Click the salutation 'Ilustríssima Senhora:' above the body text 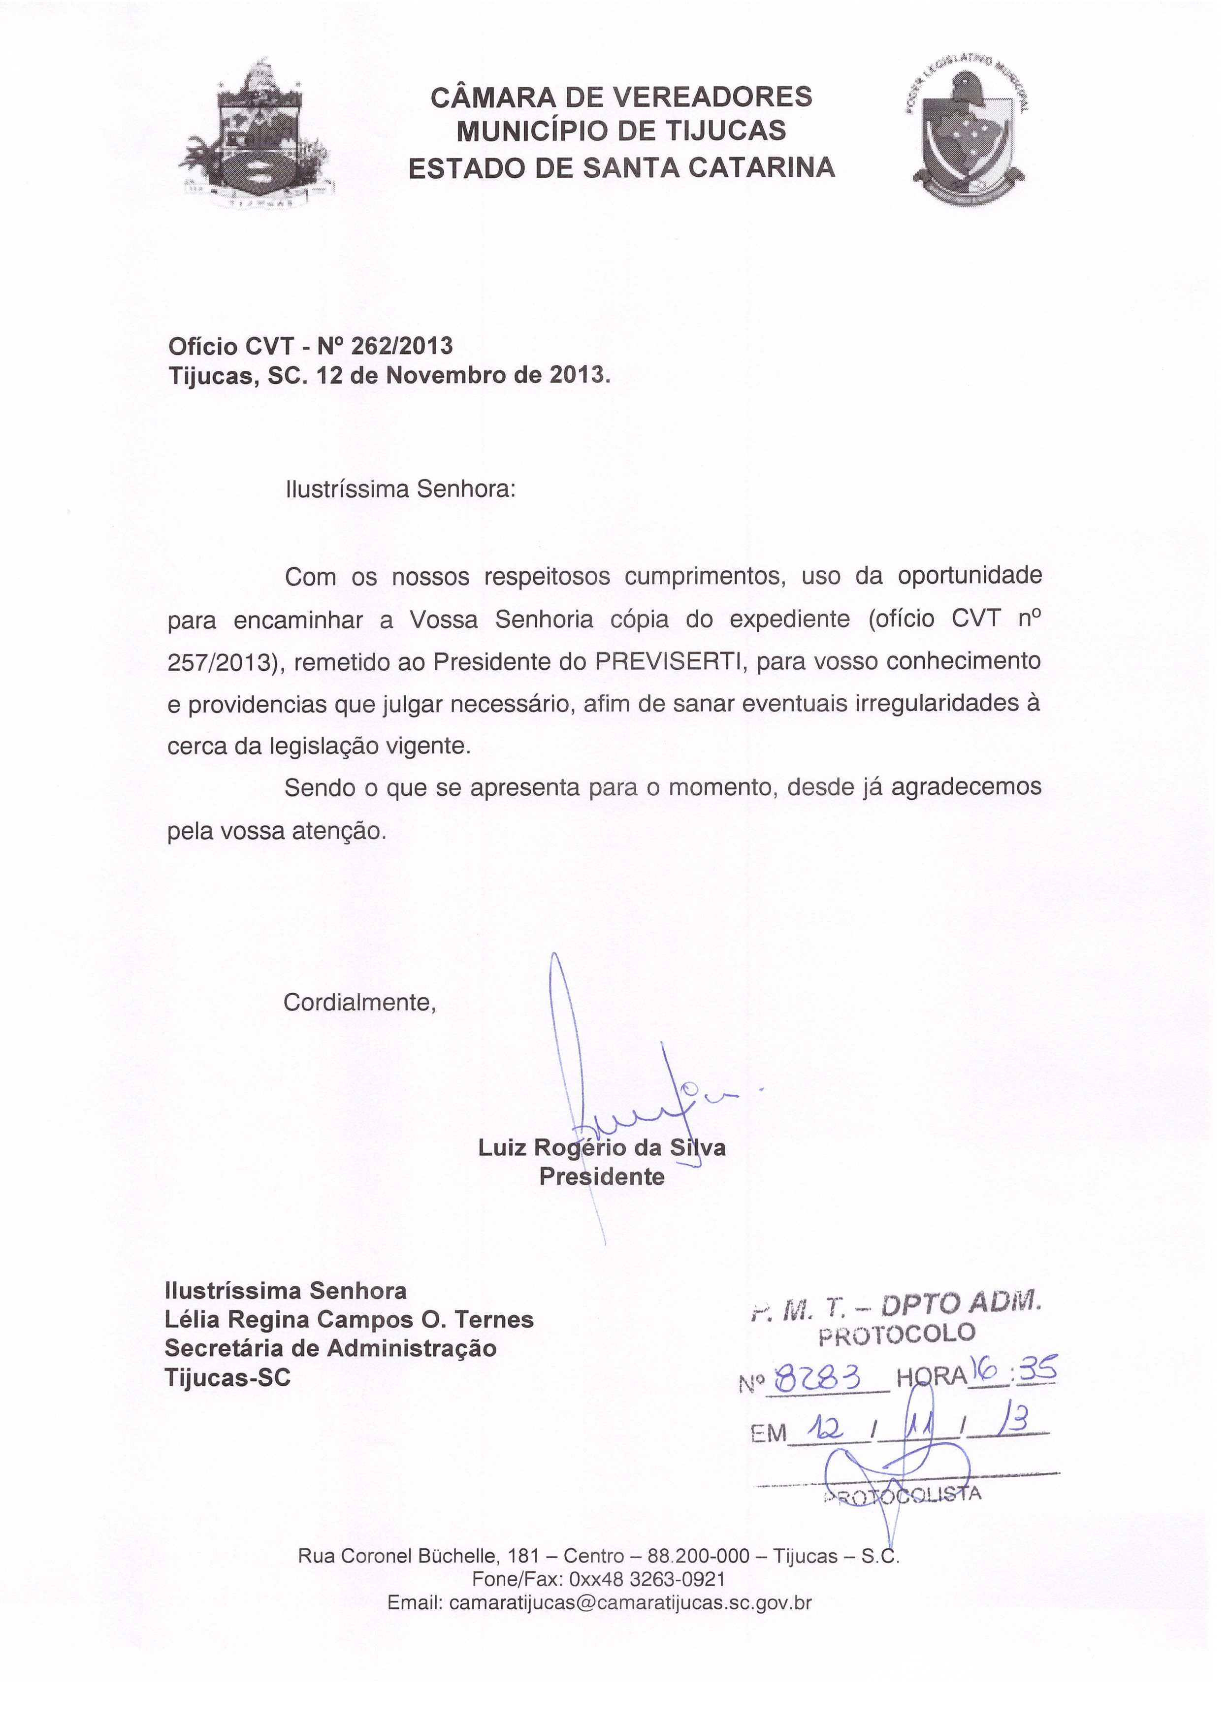tap(400, 489)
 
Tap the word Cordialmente tap(359, 1003)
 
